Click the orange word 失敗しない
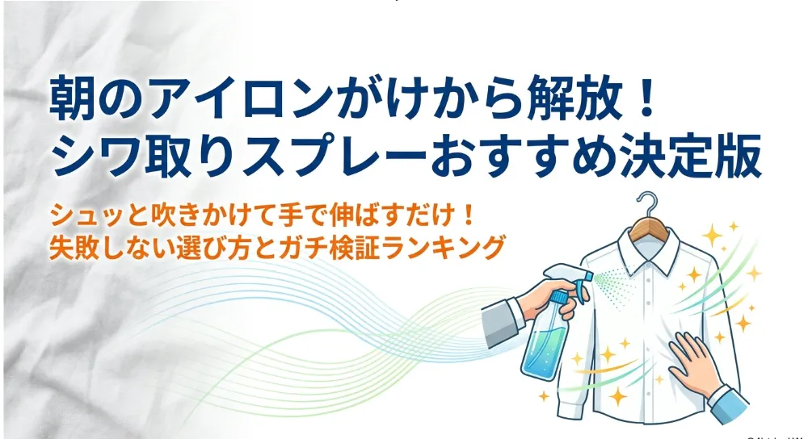pos(109,247)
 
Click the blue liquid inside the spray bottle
pos(544,350)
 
